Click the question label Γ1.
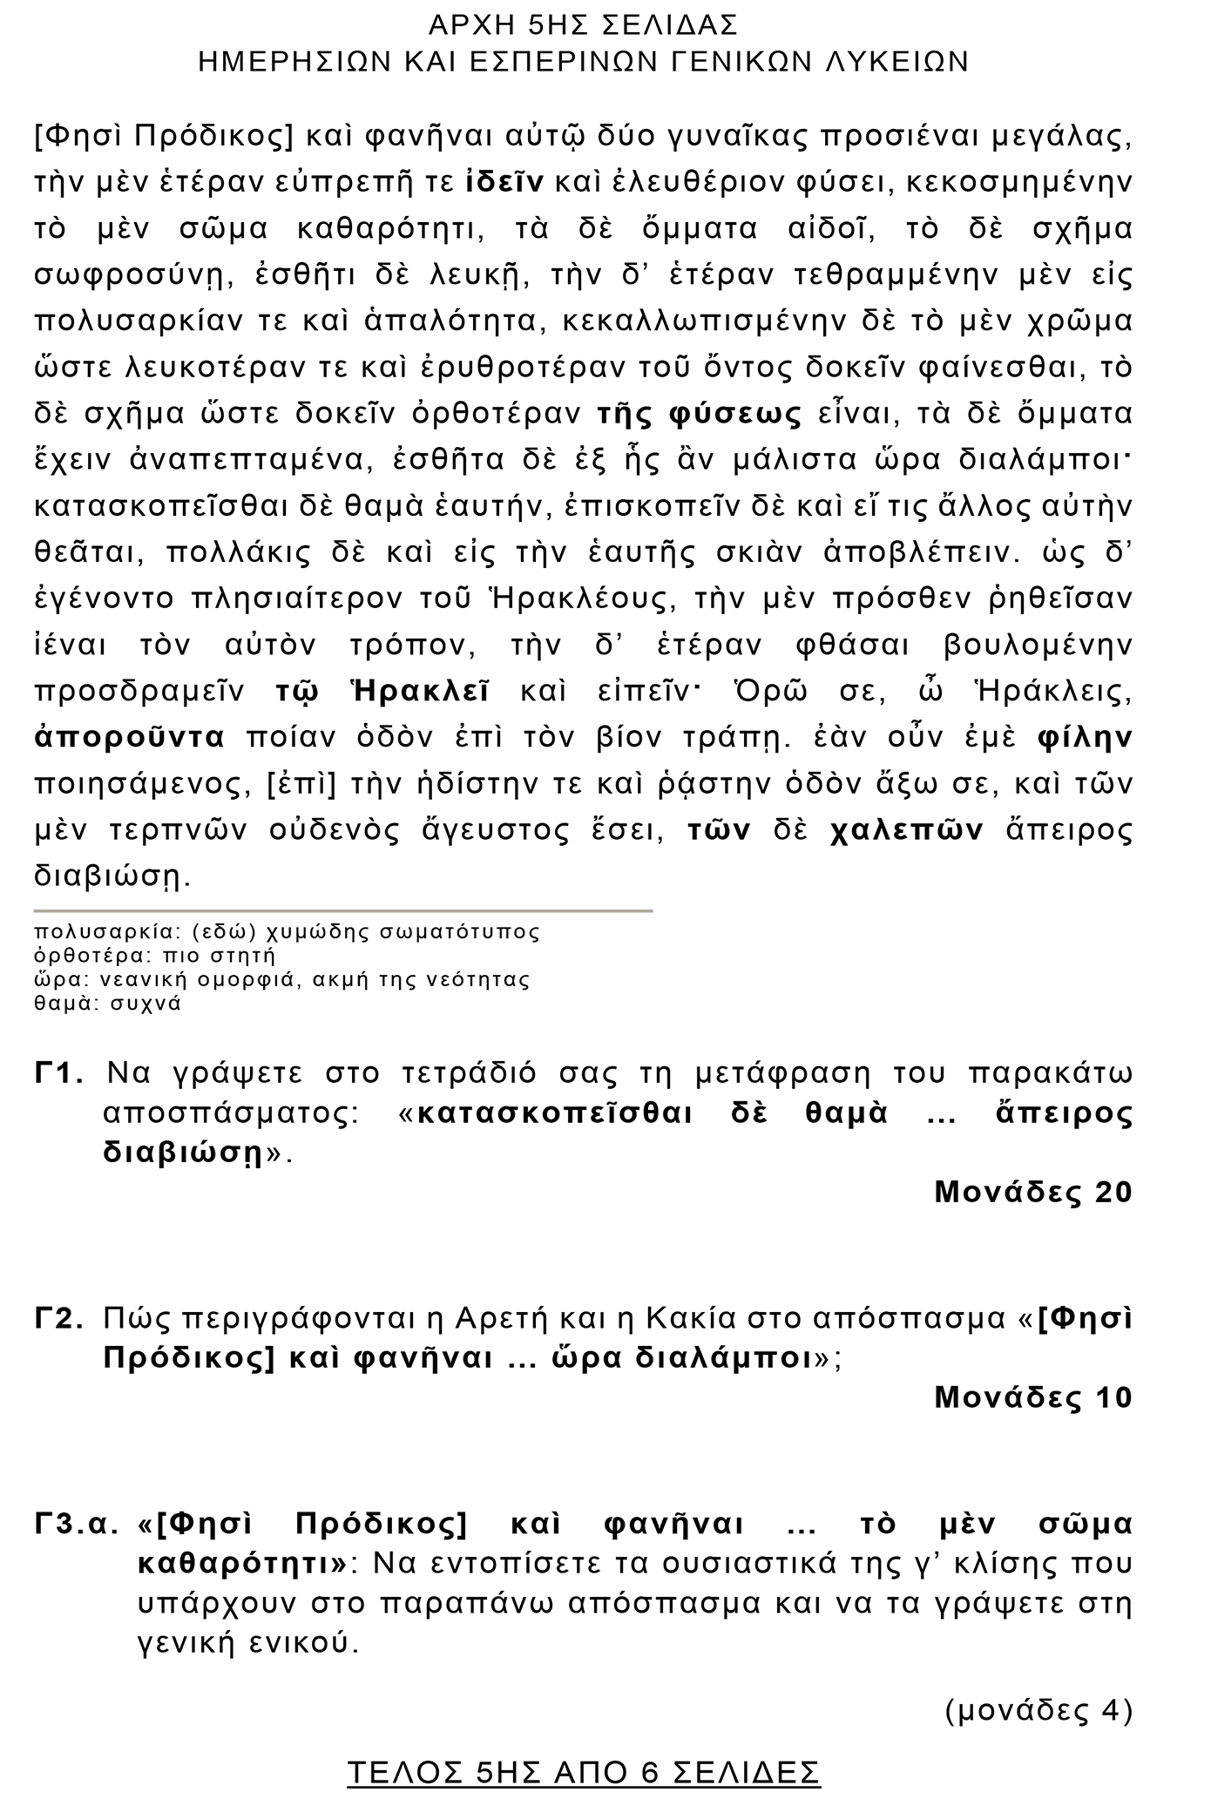click(59, 1073)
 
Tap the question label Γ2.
click(59, 1319)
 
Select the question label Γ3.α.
click(76, 1525)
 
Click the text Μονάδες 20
click(1032, 1192)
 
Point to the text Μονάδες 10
click(1032, 1397)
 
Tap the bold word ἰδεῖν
click(505, 182)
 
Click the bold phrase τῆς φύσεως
click(699, 414)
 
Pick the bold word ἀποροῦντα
click(130, 738)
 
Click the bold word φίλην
click(1085, 738)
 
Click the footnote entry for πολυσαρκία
click(287, 932)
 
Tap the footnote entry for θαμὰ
click(107, 1003)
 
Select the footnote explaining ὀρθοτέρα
click(154, 956)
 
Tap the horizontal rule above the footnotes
click(343, 910)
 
